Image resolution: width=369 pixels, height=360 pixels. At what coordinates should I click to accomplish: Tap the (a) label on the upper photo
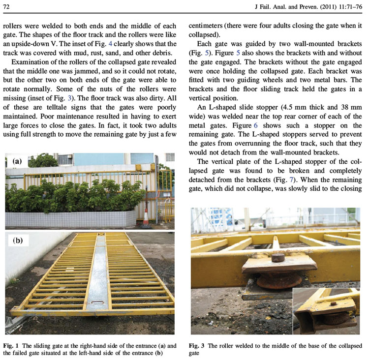[17, 161]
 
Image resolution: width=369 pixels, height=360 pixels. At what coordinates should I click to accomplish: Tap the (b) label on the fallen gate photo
[17, 241]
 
